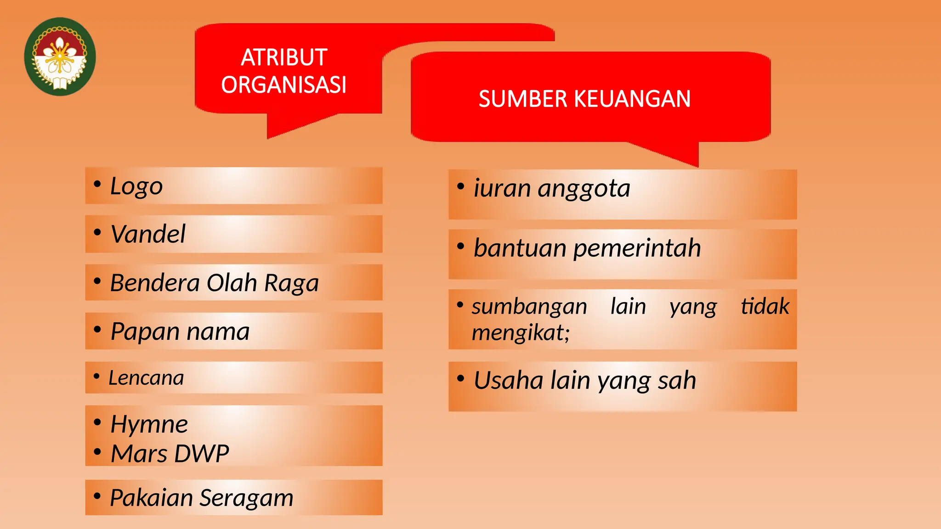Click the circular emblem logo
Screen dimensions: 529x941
pos(60,56)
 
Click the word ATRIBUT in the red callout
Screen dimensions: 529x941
pos(284,58)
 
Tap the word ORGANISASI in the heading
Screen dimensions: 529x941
pos(284,85)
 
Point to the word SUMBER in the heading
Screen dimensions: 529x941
pos(523,99)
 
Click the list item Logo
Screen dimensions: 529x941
pos(136,186)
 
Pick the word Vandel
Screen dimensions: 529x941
pos(148,234)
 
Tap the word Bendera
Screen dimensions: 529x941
pos(155,283)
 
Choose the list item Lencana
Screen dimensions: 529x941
pos(146,378)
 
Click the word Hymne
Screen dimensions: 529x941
pos(149,424)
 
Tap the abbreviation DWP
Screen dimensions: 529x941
pos(202,454)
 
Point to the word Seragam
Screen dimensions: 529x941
pos(247,498)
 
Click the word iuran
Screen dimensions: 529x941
pos(502,188)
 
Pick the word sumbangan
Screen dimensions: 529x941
pos(529,307)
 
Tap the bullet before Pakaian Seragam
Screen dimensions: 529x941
pos(97,496)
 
